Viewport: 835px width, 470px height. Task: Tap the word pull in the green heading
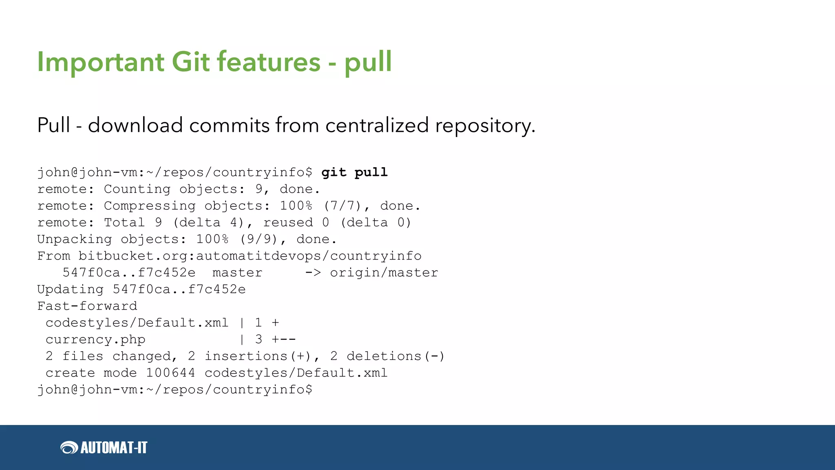pos(368,62)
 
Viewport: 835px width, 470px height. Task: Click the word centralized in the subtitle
pos(377,125)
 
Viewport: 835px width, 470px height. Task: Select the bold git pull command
pos(354,173)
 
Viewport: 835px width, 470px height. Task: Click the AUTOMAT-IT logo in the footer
pos(104,448)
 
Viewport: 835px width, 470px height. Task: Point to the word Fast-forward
pos(87,306)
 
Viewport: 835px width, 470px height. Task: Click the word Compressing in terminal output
pos(150,206)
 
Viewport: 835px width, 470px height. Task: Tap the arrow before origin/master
pos(313,273)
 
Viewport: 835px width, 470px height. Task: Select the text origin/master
pos(384,273)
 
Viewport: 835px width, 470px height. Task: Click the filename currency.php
pos(95,340)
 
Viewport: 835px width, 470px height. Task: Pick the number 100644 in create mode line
pos(170,373)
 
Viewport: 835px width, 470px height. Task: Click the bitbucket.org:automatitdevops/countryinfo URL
pos(250,256)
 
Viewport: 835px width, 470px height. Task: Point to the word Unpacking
pos(74,239)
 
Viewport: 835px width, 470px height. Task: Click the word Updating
pos(70,290)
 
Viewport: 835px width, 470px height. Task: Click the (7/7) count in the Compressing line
pos(342,206)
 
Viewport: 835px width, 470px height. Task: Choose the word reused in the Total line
pos(288,223)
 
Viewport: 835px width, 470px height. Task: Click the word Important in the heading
pos(100,62)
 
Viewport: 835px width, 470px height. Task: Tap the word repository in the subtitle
pos(485,125)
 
